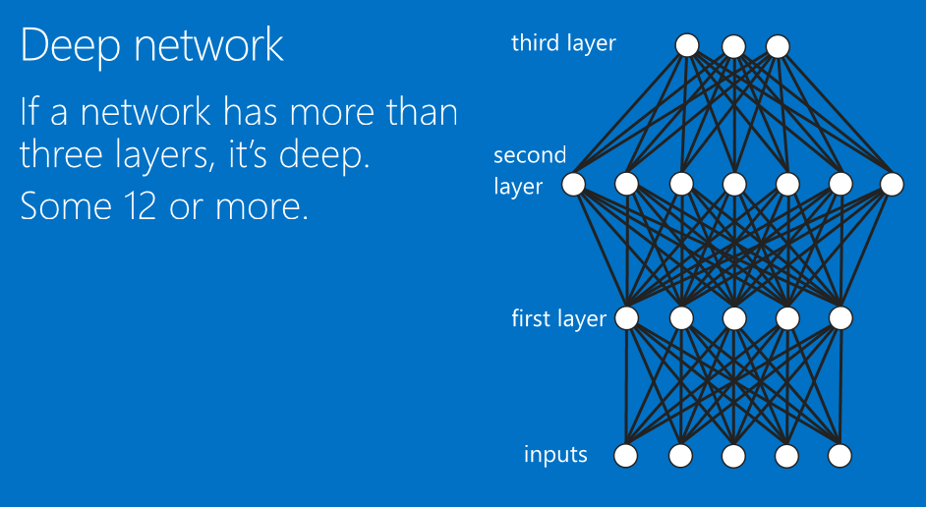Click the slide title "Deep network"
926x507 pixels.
tap(151, 46)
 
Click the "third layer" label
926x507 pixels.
tap(563, 43)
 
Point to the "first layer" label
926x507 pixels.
tap(558, 319)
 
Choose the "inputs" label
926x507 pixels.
tap(555, 455)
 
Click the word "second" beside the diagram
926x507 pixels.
tap(530, 155)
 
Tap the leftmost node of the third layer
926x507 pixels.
tap(687, 45)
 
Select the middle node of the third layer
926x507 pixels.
tap(732, 45)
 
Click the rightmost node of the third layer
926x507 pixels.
tap(778, 45)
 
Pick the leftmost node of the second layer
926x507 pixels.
tap(573, 183)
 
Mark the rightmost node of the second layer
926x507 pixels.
tap(892, 183)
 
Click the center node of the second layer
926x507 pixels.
tap(732, 183)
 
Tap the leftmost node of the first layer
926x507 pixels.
tap(626, 317)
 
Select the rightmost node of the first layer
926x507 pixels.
tap(839, 317)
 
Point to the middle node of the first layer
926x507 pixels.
tap(732, 317)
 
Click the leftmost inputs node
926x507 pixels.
tap(626, 455)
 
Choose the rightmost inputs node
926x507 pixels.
tap(839, 455)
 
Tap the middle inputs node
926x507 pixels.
tap(732, 455)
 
